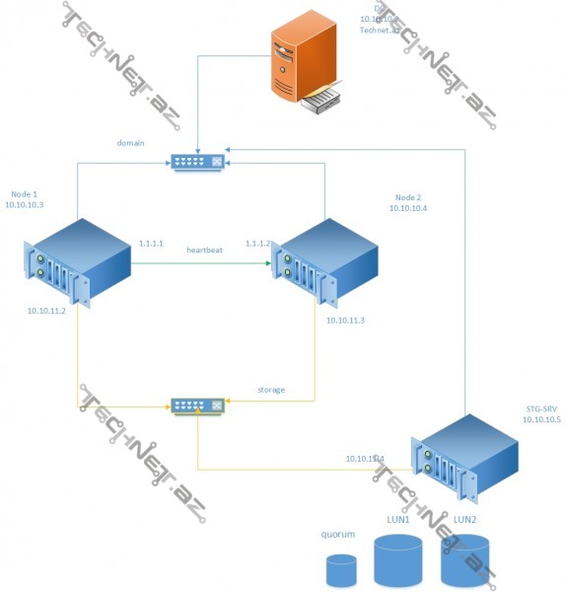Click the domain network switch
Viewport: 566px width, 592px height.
197,161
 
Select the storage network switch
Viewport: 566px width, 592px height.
197,405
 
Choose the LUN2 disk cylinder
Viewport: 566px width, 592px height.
464,559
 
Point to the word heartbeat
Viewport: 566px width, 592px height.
205,251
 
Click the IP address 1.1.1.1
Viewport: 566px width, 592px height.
151,242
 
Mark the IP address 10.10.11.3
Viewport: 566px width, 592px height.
345,321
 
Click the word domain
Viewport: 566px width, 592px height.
131,143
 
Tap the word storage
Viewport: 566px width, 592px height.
271,390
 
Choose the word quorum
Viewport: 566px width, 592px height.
337,536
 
